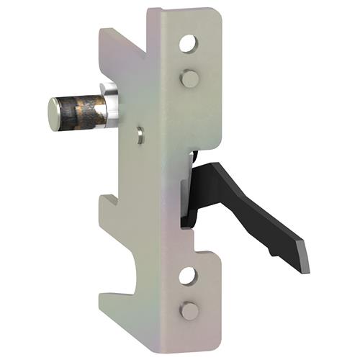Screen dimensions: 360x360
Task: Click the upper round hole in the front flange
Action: pyautogui.click(x=188, y=45)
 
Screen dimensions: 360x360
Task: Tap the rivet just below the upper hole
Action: pyautogui.click(x=189, y=78)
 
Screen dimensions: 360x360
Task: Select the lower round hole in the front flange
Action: pyautogui.click(x=188, y=276)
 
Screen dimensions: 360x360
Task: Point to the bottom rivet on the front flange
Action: pyautogui.click(x=189, y=310)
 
